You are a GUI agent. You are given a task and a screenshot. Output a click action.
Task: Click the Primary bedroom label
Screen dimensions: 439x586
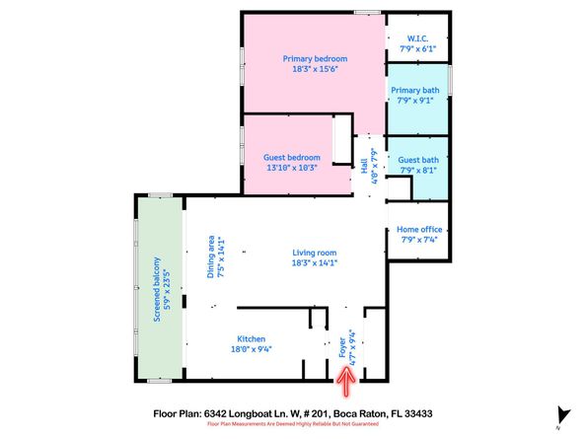click(315, 59)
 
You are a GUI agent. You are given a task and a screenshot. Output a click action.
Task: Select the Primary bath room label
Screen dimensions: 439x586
click(414, 89)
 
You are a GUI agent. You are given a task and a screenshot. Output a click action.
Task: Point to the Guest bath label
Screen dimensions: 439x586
click(415, 160)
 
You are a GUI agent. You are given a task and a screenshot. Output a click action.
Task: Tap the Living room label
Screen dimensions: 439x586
click(315, 252)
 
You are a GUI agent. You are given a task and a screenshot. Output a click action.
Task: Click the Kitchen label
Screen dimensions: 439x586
click(250, 336)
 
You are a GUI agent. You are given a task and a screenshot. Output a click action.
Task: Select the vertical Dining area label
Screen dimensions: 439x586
click(209, 257)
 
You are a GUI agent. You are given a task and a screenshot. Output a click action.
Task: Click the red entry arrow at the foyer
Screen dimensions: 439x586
click(346, 375)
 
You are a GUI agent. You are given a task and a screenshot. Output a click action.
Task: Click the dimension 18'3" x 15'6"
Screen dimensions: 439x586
click(315, 70)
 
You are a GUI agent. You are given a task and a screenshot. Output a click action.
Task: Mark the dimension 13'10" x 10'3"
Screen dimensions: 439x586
click(292, 169)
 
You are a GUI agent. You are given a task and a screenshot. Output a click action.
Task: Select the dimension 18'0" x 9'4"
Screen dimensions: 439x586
click(250, 347)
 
